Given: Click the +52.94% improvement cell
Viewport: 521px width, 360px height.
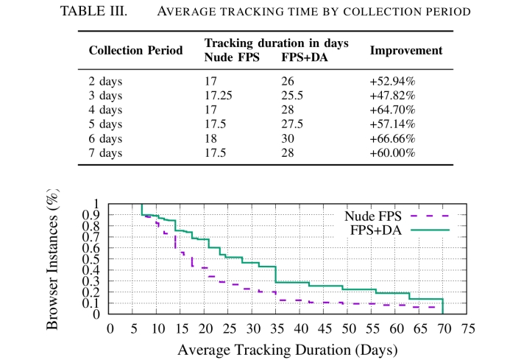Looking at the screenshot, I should click(392, 82).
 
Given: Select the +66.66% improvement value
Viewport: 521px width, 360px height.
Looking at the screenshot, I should click(392, 138).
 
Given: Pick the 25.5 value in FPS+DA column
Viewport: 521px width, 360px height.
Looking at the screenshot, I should click(293, 96).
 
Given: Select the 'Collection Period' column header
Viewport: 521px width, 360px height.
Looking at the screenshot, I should click(135, 51).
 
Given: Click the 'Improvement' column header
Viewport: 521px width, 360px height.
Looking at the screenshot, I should click(405, 51).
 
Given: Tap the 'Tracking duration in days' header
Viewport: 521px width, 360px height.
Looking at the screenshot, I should click(276, 43).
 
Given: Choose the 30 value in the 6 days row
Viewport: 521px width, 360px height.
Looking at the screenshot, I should click(288, 138).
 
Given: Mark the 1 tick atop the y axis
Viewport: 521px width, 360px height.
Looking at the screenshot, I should click(96, 204).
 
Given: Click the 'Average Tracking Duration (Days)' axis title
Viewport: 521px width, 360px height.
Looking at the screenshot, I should click(288, 347).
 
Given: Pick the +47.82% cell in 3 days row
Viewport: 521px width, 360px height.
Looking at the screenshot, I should click(392, 96).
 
